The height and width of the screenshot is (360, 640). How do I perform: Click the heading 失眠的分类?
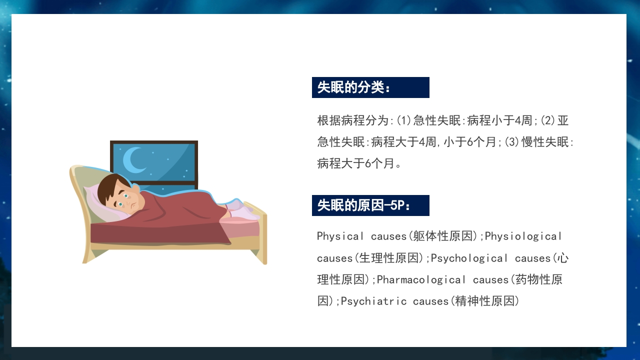pyautogui.click(x=353, y=87)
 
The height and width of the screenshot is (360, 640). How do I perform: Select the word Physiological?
pyautogui.click(x=523, y=236)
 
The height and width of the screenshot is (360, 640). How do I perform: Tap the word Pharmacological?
pyautogui.click(x=421, y=279)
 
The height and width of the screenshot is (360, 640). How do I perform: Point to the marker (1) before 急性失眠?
pyautogui.click(x=404, y=120)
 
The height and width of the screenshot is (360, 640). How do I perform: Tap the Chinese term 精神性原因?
pyautogui.click(x=485, y=301)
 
